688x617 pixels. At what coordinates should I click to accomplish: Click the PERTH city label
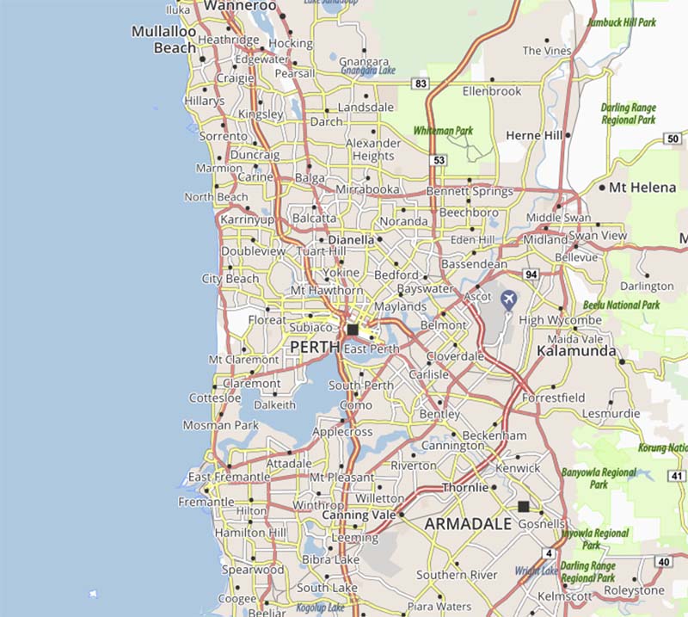point(315,346)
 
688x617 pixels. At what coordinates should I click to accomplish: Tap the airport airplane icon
point(508,299)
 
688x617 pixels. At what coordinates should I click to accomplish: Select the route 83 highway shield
point(421,83)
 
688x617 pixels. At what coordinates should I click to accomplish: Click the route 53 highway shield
point(439,160)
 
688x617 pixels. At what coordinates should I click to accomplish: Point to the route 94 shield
point(531,275)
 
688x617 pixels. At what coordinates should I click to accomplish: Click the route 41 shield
point(678,476)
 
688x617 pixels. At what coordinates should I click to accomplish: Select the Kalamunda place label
point(575,351)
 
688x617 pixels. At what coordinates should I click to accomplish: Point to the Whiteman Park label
point(443,131)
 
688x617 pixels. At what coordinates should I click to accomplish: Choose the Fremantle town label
point(206,502)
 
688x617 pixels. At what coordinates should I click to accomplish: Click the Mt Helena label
point(642,187)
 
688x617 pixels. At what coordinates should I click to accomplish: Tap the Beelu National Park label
point(620,305)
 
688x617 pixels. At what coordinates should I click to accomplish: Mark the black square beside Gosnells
point(523,507)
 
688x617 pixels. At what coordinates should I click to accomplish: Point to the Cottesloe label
point(214,398)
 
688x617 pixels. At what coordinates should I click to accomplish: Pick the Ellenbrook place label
point(492,90)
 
